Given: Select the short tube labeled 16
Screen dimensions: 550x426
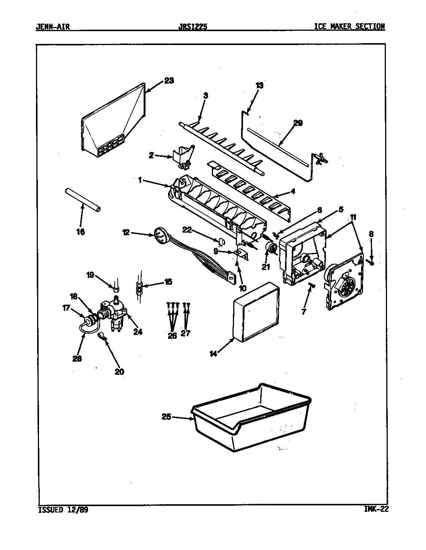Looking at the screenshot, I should tap(82, 201).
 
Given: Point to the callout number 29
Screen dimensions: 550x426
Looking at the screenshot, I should tap(298, 123).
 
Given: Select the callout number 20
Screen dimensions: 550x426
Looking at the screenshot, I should tap(120, 372).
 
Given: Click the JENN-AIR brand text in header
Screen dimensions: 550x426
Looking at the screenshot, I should tap(52, 27).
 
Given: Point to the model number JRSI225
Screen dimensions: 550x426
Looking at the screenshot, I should tap(194, 27).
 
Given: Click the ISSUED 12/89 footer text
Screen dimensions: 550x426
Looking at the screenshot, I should tap(63, 510).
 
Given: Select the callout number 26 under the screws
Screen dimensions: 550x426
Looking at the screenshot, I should tap(172, 335).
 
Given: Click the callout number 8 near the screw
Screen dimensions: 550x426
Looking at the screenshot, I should tap(371, 234).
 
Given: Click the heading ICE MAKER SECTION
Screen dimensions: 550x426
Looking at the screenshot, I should tap(349, 27).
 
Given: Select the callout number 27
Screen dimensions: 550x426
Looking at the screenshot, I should tap(186, 333).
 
